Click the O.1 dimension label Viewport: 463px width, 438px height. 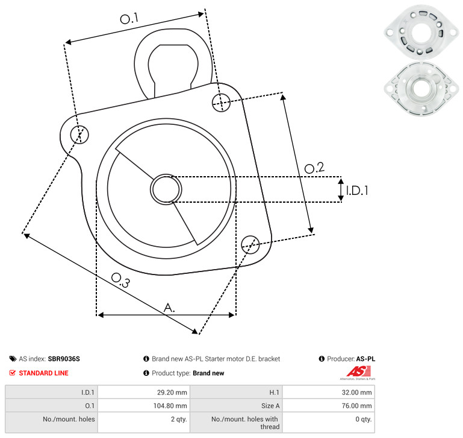[x=129, y=18]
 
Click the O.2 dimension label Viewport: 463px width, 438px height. [x=314, y=168]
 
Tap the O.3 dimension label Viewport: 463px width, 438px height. [x=120, y=280]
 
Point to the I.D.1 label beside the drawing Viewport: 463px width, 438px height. [x=357, y=191]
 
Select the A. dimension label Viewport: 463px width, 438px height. [x=169, y=308]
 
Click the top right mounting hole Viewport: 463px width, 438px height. [x=221, y=103]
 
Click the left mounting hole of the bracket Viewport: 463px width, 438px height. [x=79, y=135]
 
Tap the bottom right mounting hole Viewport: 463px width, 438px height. [x=250, y=244]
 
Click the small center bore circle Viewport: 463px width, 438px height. [x=166, y=189]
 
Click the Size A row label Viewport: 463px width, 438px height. [x=270, y=406]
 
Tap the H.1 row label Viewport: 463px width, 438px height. [x=275, y=392]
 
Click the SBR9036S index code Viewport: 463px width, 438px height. [x=64, y=359]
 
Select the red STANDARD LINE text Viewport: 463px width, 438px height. [x=44, y=373]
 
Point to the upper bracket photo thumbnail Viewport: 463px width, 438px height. [x=421, y=31]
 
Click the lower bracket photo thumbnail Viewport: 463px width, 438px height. [x=421, y=89]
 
